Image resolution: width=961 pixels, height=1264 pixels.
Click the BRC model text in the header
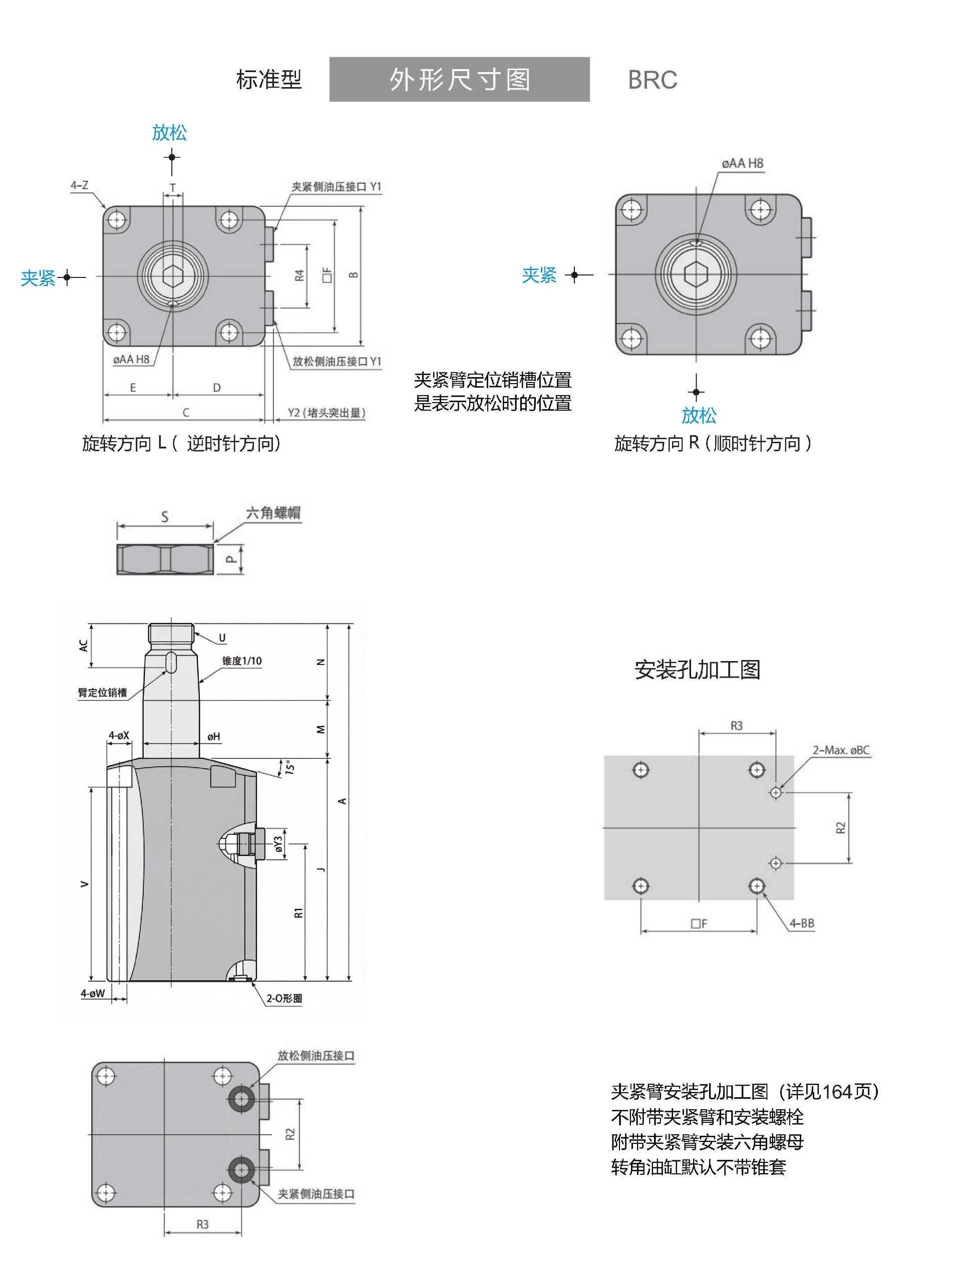pos(652,80)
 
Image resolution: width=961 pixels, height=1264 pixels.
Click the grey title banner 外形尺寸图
pos(459,80)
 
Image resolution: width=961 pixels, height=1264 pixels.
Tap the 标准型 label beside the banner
pos(269,80)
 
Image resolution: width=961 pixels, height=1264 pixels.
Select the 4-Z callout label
pos(80,185)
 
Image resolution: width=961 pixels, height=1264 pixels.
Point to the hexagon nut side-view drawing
pos(165,559)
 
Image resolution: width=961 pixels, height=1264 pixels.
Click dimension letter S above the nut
pos(165,517)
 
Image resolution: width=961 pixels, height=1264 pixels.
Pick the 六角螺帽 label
pos(273,513)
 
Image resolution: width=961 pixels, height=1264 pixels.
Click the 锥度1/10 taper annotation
pos(241,661)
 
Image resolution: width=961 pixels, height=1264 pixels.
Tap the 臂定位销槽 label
pos(102,693)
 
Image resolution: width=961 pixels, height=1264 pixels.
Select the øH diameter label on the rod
pos(213,737)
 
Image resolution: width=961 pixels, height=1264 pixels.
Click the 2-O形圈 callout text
pos(284,999)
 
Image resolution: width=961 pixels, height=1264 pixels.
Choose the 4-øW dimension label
pos(93,994)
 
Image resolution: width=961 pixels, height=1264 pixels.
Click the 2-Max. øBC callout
pos(841,750)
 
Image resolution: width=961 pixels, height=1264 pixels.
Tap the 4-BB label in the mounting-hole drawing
pos(801,923)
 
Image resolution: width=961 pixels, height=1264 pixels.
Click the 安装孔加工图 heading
pos(697,670)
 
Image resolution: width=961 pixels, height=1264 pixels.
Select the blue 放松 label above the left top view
pos(169,133)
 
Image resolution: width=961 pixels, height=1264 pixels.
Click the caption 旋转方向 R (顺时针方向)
pos(713,443)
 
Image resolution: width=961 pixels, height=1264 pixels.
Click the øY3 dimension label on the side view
pos(278,844)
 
